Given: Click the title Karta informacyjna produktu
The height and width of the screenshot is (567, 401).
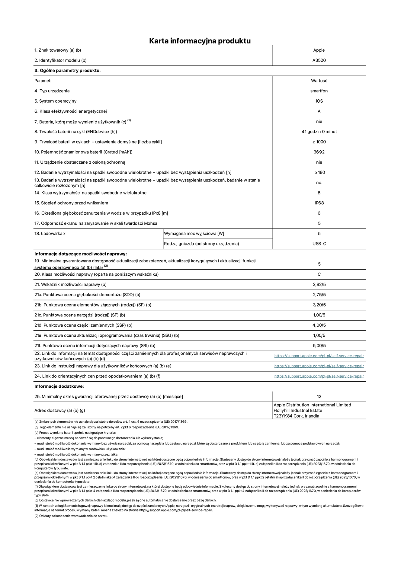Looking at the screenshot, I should [200, 41].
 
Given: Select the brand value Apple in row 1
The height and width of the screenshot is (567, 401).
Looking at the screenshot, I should [319, 50].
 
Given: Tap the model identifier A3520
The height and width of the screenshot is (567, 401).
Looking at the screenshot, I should [319, 60].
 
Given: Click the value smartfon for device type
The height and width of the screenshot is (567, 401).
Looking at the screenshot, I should [319, 91].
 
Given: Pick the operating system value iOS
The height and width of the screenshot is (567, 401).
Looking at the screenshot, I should [319, 101].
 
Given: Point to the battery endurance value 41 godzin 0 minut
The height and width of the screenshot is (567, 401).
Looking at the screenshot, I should [319, 132].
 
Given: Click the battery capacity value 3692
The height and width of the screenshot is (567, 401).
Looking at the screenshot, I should [319, 152].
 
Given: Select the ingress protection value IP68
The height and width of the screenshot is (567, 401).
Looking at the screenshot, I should [319, 203].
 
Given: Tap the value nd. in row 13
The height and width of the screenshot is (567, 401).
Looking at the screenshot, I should [319, 183].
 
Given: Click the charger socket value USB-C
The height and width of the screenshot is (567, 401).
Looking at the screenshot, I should [319, 244].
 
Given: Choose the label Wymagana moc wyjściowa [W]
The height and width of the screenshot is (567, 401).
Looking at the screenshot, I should [194, 233].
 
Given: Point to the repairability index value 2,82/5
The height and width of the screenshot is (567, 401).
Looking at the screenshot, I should [319, 284].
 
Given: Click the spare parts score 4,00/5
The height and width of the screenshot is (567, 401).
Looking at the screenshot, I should [319, 325].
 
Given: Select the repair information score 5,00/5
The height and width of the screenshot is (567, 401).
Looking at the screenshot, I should [319, 346].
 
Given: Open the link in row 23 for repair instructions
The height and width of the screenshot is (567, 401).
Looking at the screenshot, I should [319, 366].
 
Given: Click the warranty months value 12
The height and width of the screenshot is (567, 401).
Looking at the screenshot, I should [319, 396].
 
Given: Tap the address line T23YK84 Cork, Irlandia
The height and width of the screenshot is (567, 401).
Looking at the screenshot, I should [296, 416].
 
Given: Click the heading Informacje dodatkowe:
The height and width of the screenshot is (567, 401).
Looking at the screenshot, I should [59, 386].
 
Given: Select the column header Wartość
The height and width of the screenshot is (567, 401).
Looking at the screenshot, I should [319, 81].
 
